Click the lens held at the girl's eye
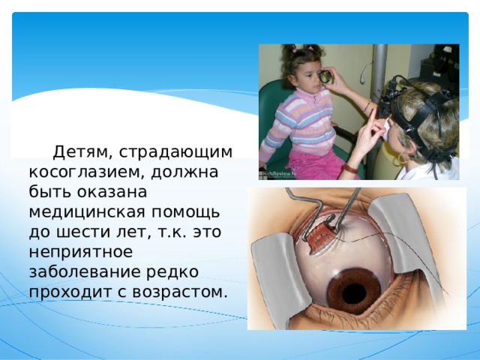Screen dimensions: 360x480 325,76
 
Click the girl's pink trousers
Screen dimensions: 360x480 315,165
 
